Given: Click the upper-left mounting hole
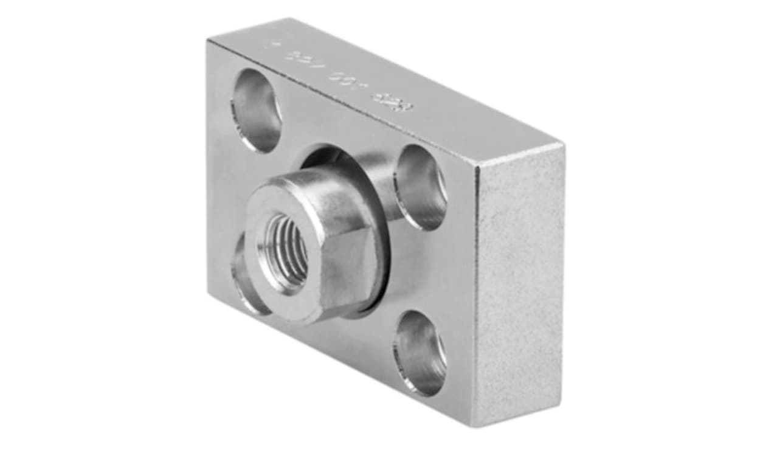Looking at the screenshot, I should point(257,110).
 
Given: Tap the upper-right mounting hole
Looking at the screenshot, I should point(421,187).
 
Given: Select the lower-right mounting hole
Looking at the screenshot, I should point(420,353).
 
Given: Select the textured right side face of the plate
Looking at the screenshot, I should point(520,286).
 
